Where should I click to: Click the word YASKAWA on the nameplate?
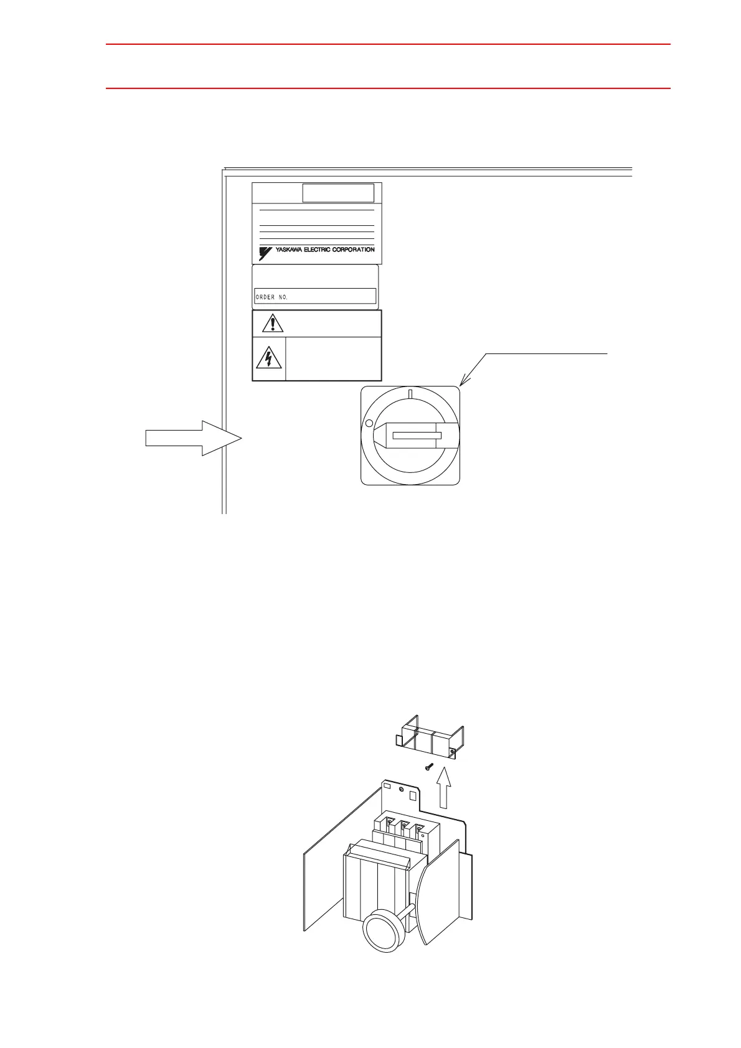(289, 250)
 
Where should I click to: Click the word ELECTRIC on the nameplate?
(320, 250)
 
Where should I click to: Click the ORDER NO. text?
(271, 297)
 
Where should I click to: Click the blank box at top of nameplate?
(338, 193)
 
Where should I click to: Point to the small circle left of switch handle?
(369, 423)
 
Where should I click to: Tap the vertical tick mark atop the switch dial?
(410, 393)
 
